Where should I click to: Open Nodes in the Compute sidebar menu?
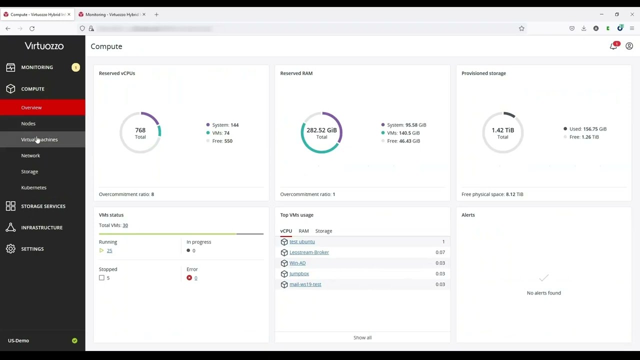(28, 123)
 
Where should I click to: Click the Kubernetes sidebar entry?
(33, 187)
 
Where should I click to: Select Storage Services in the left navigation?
(43, 206)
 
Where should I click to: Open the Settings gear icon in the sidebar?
(10, 249)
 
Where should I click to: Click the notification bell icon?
(613, 46)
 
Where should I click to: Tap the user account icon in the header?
(629, 46)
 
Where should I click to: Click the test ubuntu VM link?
(302, 241)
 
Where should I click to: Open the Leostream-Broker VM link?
(309, 252)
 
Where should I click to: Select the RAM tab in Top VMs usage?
(303, 231)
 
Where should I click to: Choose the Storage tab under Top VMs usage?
(323, 231)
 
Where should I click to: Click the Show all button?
(362, 337)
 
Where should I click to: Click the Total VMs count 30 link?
(125, 225)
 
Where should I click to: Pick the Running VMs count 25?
(109, 250)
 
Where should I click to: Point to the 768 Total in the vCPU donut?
(140, 132)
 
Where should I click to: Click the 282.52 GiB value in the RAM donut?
(321, 130)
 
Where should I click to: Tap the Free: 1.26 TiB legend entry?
(583, 137)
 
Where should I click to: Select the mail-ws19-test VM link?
(305, 284)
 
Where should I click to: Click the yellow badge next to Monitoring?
(75, 67)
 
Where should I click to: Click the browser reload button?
(32, 28)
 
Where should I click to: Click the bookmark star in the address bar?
(521, 28)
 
